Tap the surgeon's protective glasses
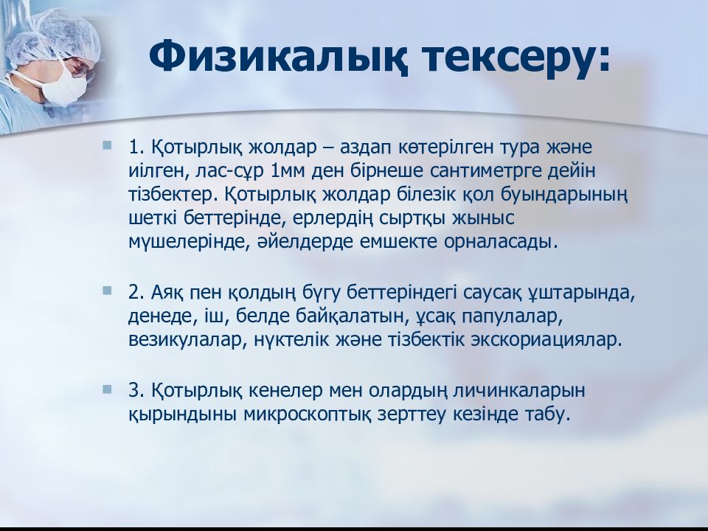[80, 69]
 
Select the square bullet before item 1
[107, 145]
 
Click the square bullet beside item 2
[107, 291]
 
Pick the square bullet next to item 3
[107, 389]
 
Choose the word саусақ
[492, 293]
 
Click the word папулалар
[512, 317]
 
